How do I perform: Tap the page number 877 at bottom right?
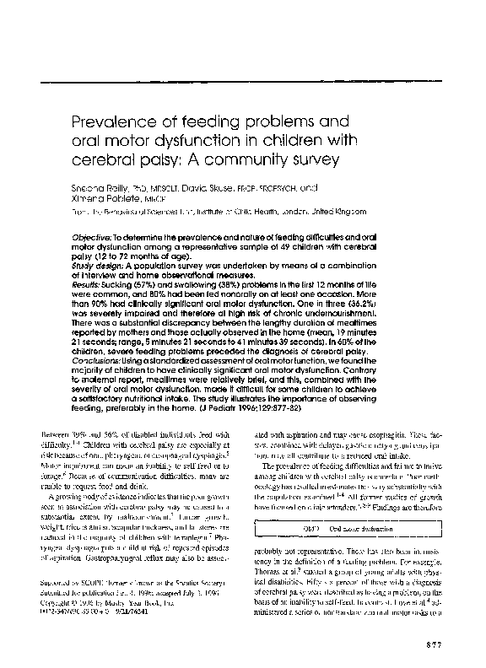tap(434, 645)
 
